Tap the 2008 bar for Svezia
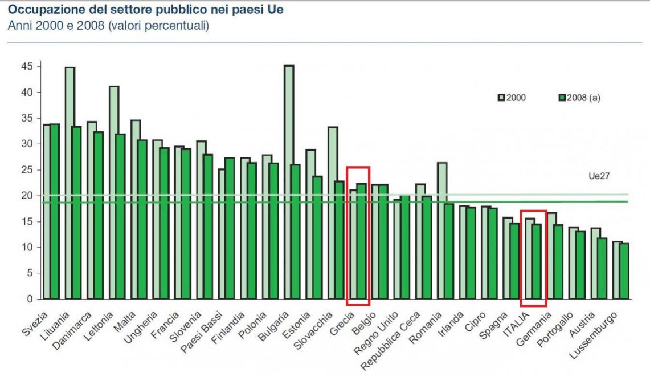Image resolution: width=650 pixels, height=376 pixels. (x=55, y=211)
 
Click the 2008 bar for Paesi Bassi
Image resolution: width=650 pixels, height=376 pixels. (x=230, y=228)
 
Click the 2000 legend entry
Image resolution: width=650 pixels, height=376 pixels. (x=513, y=98)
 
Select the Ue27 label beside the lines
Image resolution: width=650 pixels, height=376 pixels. (x=599, y=176)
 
